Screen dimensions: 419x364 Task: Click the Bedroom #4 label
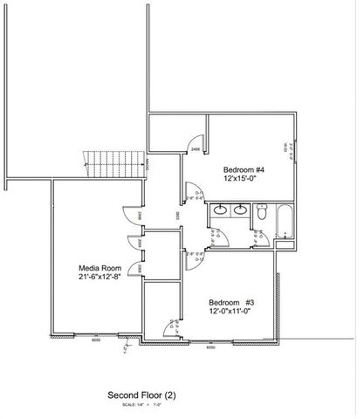(x=244, y=168)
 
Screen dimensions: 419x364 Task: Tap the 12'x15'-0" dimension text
(x=244, y=178)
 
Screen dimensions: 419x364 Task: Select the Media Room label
(x=98, y=268)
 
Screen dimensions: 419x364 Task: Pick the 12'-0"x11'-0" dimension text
(x=231, y=312)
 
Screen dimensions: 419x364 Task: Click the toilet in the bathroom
(x=261, y=211)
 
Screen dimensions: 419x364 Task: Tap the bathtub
(x=284, y=222)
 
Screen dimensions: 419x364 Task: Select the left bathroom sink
(x=220, y=209)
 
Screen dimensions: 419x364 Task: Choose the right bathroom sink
(x=239, y=209)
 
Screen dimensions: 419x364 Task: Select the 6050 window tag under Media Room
(x=96, y=341)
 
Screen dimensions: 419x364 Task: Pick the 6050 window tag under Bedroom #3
(x=210, y=347)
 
